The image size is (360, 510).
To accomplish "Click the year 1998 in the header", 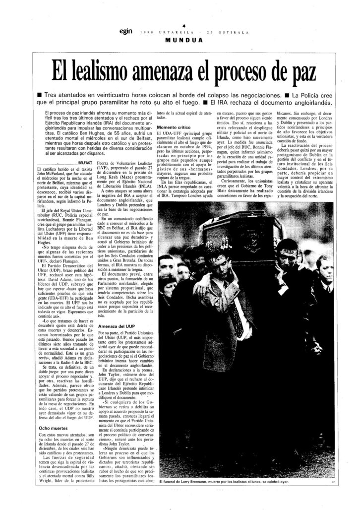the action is [x=146, y=32].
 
